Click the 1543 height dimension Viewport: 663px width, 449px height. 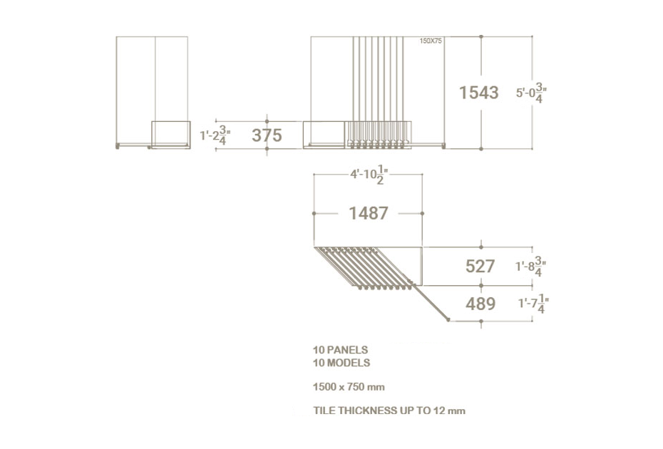[478, 93]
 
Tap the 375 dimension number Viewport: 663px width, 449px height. [267, 135]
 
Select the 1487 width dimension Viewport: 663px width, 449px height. [369, 214]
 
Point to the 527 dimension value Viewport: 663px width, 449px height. [480, 267]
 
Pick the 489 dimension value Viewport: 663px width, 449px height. [480, 304]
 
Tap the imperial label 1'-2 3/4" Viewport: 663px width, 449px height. [215, 135]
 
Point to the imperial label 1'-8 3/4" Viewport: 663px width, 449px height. [530, 267]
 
